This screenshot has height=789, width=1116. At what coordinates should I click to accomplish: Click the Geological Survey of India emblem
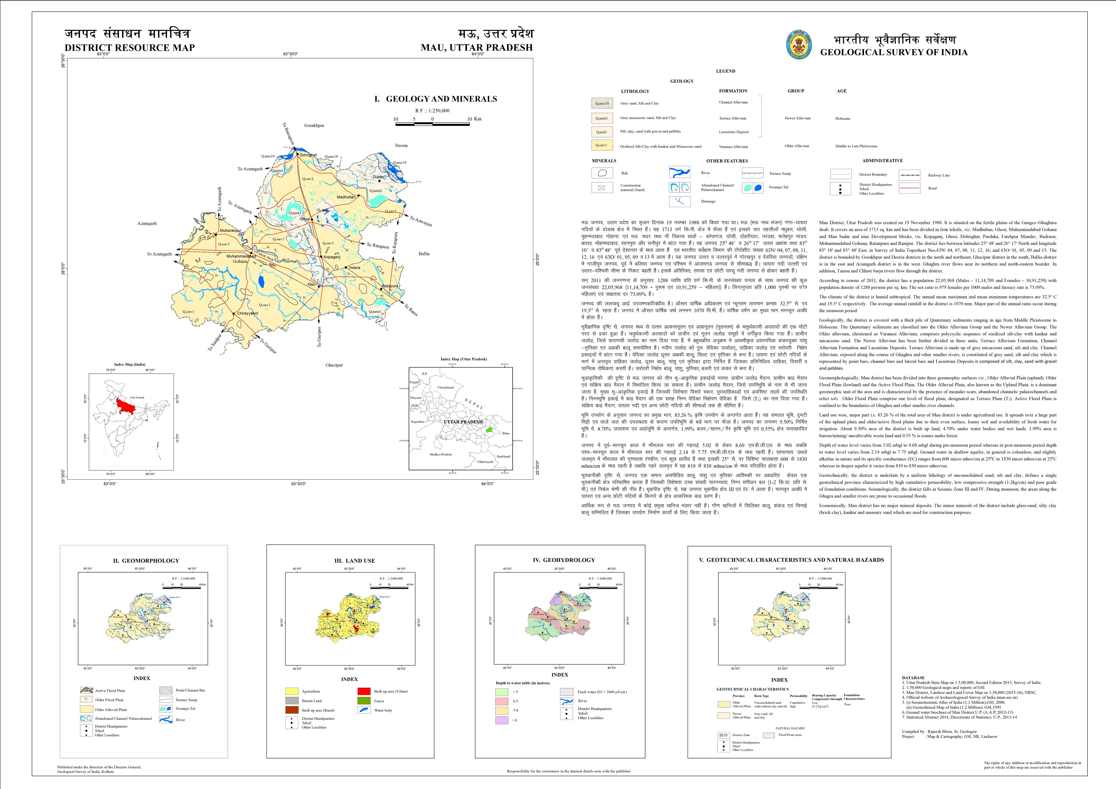[799, 45]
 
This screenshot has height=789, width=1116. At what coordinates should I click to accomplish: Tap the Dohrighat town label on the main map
[308, 155]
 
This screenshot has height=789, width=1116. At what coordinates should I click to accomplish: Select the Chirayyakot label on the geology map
[247, 313]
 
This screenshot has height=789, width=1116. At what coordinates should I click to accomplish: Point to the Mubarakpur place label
[230, 231]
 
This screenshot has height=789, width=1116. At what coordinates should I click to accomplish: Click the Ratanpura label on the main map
[390, 286]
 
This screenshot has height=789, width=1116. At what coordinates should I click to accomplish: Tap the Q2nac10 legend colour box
[602, 103]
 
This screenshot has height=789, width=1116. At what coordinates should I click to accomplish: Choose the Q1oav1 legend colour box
[602, 145]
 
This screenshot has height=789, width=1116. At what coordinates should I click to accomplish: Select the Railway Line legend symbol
[909, 175]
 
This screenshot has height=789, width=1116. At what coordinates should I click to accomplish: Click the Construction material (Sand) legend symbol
[602, 188]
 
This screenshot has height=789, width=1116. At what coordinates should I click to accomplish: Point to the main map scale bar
[433, 124]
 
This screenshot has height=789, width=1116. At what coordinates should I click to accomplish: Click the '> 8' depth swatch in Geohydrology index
[502, 720]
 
